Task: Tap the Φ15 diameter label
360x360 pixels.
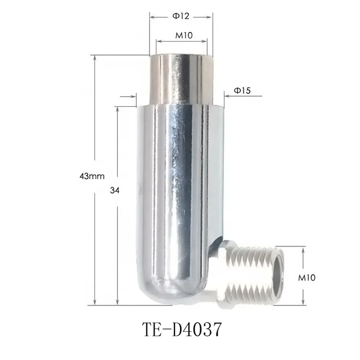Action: click(x=242, y=90)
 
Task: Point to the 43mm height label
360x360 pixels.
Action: click(x=92, y=176)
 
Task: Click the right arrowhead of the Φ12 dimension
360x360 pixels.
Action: click(x=210, y=16)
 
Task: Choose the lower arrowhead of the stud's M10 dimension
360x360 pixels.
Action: click(x=303, y=298)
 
